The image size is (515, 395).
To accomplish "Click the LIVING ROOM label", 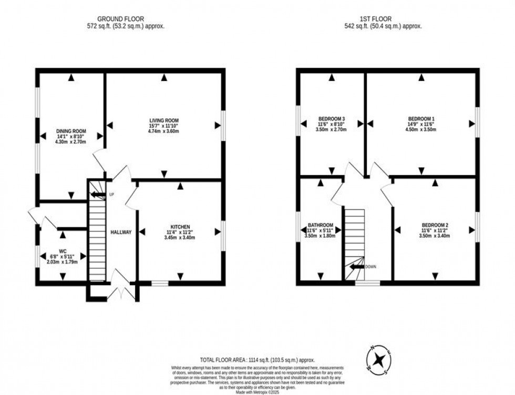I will (x=164, y=120).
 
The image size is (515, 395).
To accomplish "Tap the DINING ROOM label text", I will (x=71, y=131).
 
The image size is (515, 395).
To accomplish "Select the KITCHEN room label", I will (x=180, y=227).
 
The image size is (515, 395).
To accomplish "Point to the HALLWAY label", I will (x=121, y=232).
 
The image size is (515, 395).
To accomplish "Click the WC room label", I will (x=63, y=251).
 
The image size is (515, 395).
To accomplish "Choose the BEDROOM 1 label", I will (x=421, y=119).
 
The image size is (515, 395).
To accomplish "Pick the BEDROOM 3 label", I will (x=332, y=119).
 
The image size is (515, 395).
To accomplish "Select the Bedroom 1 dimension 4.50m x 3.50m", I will (x=421, y=130).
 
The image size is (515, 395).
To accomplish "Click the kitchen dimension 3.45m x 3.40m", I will (x=180, y=238).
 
